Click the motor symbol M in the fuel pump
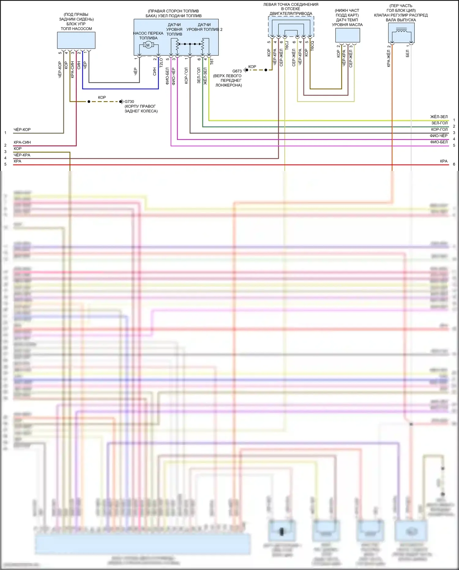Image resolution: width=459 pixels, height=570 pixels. point(148,45)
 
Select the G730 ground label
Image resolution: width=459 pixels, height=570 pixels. point(129,102)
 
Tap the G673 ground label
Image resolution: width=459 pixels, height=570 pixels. point(237,71)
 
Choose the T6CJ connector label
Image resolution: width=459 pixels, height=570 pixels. point(287,46)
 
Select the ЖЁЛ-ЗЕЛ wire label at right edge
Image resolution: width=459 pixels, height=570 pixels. point(439,117)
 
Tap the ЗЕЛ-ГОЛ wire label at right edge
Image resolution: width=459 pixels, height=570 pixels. point(439,123)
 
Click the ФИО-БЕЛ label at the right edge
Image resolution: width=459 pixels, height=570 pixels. point(439,142)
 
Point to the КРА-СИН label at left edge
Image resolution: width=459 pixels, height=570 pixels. point(22,142)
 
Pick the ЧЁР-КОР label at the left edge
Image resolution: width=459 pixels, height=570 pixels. point(22,130)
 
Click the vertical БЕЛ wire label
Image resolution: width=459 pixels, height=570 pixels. point(407,54)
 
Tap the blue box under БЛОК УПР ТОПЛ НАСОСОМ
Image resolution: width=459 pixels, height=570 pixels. point(76,40)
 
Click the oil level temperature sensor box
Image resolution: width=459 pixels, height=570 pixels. point(347,35)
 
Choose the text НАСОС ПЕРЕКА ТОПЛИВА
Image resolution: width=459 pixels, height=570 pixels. point(148,36)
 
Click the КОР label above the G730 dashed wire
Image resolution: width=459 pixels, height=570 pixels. point(102,97)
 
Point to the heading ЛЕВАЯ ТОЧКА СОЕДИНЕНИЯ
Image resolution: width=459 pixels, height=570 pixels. point(291,5)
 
